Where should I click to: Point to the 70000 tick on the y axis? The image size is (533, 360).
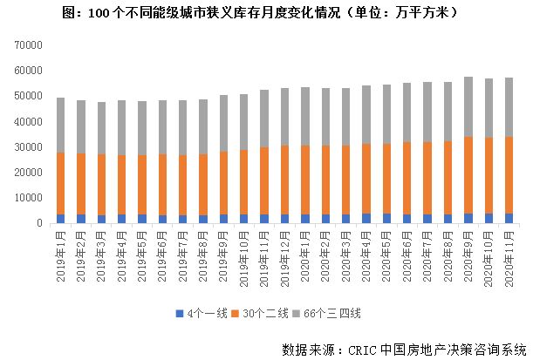[x=30, y=44]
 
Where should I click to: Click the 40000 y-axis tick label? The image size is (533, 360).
[x=30, y=121]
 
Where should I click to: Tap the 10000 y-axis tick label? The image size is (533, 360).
[x=30, y=198]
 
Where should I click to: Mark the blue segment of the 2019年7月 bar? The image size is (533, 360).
[x=183, y=219]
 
